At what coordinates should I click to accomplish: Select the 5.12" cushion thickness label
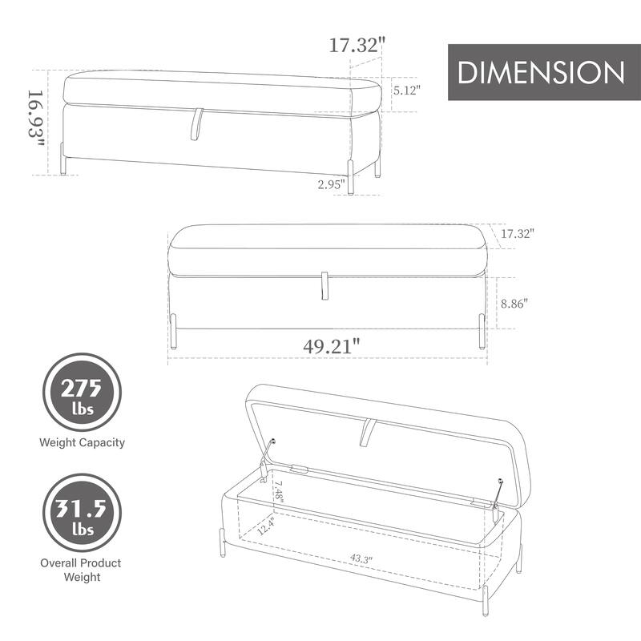[x=407, y=91]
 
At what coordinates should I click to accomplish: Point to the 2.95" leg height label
[x=331, y=185]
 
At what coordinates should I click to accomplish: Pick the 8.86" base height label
[x=514, y=304]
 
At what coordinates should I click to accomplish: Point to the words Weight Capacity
[x=83, y=442]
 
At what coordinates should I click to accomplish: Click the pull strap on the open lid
[x=368, y=433]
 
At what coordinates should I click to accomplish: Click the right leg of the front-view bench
[x=481, y=331]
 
